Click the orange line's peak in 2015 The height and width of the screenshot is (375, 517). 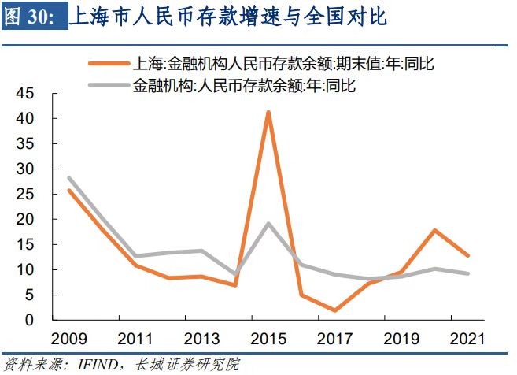(268, 113)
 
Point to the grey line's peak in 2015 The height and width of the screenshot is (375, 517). (268, 224)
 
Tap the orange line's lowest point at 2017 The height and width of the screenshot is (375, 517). (335, 310)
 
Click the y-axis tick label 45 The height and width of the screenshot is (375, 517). (24, 94)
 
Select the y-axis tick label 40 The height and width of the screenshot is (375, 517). (24, 119)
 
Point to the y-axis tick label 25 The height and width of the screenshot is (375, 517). (24, 195)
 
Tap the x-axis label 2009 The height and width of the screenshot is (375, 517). (68, 340)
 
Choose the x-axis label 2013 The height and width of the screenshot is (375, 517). (201, 340)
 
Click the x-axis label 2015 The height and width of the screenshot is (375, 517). (268, 340)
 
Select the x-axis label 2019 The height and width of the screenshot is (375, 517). (401, 340)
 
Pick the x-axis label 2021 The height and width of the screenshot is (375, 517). (468, 340)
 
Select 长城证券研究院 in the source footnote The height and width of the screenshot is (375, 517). (186, 365)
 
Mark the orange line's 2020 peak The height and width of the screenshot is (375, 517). (435, 231)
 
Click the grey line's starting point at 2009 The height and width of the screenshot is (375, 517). (69, 178)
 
